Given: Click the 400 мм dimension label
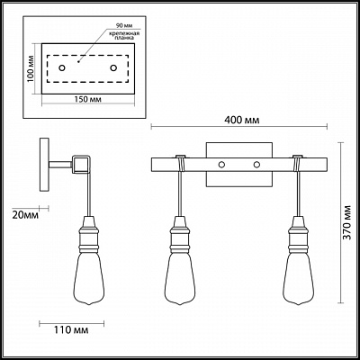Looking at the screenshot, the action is pos(242,120).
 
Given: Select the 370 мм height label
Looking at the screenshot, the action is pos(347,222).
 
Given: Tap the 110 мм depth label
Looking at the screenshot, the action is pos(71,330).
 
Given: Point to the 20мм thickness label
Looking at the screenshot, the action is pos(25,215).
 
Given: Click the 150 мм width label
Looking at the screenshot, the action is pos(87,99).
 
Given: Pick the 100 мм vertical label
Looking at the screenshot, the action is pos(30,68).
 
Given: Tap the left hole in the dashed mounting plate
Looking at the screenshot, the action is pos(62,68).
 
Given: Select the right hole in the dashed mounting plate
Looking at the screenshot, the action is pos(113,68).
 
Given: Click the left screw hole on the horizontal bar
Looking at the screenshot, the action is pos(221,165).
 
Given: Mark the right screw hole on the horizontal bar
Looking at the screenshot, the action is pos(256,165).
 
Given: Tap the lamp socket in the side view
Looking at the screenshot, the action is pos(89,234).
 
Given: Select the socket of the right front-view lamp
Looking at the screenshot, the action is pos(298,234).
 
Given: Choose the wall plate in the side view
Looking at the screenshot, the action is pos(44,165).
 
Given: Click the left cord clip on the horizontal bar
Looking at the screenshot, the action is pos(181,164).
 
